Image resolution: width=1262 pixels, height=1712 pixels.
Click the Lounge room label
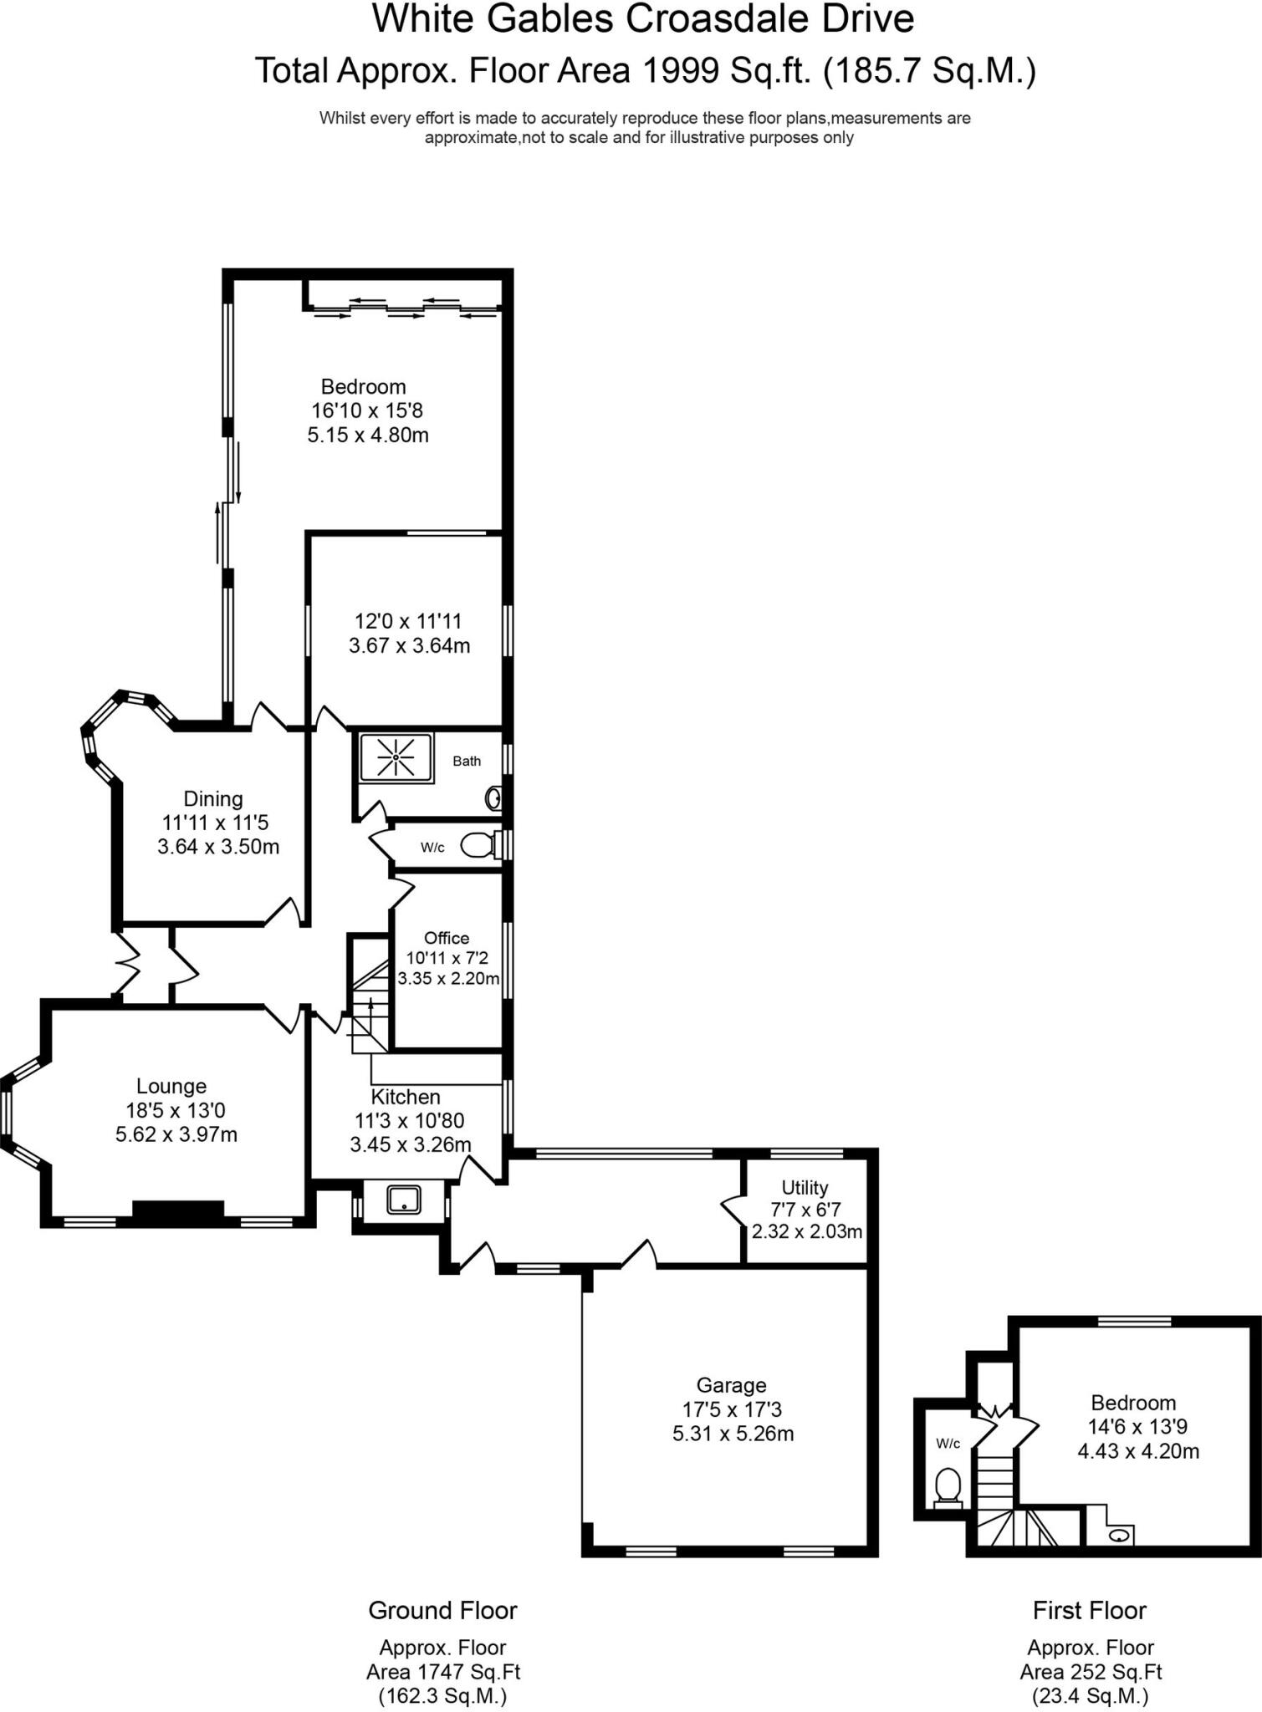coord(171,1086)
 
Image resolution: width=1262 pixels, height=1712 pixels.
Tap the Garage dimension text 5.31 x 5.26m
coord(733,1434)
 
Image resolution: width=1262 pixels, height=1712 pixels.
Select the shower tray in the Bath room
coord(396,757)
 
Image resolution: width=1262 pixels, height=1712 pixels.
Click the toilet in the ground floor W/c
coord(477,845)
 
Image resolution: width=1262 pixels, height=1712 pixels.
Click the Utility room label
coord(805,1187)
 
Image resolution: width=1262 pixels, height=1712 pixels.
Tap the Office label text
coord(447,938)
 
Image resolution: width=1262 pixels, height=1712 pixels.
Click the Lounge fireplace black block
coord(178,1210)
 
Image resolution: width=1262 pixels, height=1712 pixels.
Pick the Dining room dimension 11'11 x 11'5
coord(215,823)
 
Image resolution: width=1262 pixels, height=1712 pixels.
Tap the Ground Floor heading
coord(442,1610)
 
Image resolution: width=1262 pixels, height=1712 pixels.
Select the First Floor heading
coord(1089,1610)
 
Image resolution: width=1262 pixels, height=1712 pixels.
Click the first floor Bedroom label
coord(1133,1403)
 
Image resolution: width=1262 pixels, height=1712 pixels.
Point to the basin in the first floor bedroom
coord(1119,1535)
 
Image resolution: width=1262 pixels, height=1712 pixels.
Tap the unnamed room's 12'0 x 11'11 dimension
coord(408,621)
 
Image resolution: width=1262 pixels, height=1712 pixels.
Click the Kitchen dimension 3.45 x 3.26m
coord(410,1144)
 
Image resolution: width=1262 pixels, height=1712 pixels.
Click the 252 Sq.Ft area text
coord(1091,1672)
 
